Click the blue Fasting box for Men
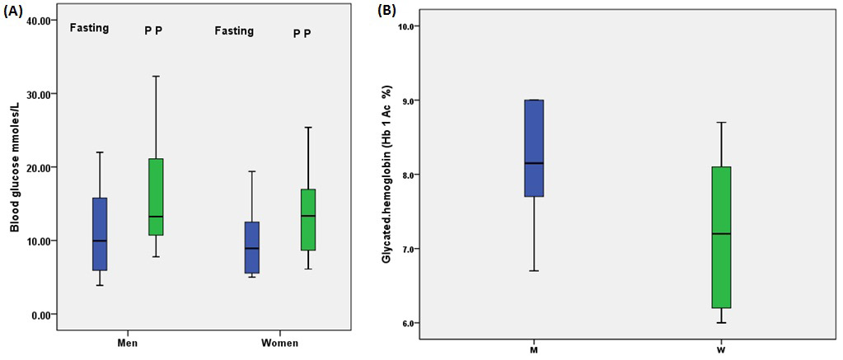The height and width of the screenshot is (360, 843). [x=100, y=234]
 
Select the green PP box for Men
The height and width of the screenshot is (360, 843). [x=156, y=197]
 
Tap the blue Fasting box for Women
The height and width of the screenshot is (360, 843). [x=252, y=247]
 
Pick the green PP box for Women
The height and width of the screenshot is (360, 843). [x=307, y=219]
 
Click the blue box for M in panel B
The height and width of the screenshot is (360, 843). [x=534, y=148]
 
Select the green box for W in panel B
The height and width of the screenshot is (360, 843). [x=720, y=237]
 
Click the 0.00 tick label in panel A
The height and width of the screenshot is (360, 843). [x=44, y=315]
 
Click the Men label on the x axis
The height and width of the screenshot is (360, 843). [x=128, y=343]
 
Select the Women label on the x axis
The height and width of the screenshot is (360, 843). [x=280, y=343]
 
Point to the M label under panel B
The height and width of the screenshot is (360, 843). [x=534, y=351]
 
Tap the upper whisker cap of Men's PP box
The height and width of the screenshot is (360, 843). [x=156, y=77]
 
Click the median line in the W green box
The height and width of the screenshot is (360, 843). [x=720, y=234]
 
